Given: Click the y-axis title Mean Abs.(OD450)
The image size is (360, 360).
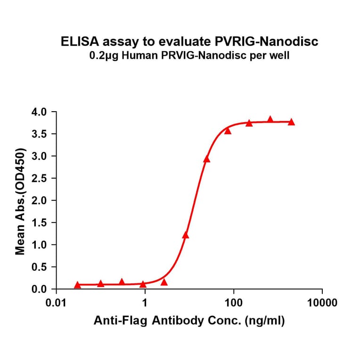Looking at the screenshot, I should (21, 201).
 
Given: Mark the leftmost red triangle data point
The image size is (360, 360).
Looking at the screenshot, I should (77, 285).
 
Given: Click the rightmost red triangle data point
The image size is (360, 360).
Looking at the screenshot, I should (291, 122).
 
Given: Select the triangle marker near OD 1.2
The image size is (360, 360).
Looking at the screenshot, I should (186, 235).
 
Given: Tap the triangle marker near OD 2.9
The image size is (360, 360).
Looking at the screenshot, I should (206, 159).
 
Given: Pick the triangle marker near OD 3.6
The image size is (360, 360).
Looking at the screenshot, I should (228, 131).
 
